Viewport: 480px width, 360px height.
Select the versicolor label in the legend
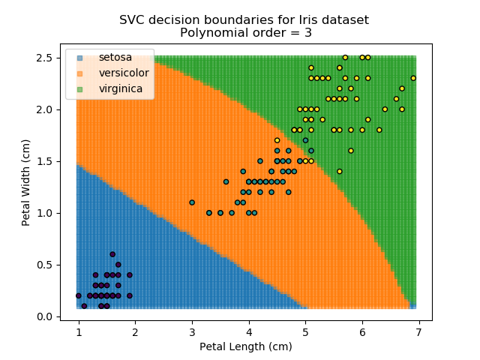tap(124, 73)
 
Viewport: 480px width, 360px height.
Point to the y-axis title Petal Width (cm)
tap(26, 182)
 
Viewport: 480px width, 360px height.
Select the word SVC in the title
tap(132, 19)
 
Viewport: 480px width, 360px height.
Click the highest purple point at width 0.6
tap(112, 254)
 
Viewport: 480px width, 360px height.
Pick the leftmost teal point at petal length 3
tap(192, 202)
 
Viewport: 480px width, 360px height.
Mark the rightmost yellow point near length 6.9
tap(413, 78)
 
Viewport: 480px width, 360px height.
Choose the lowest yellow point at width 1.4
tap(340, 171)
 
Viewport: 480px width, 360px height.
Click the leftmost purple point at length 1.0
tap(79, 295)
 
